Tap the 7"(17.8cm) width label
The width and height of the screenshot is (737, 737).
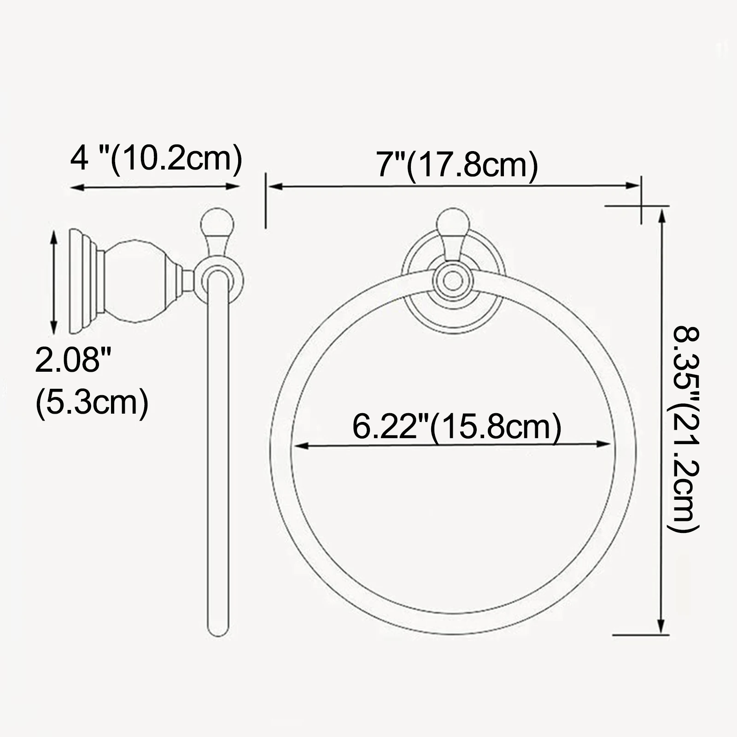pyautogui.click(x=457, y=164)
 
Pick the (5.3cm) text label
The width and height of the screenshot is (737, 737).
pyautogui.click(x=92, y=401)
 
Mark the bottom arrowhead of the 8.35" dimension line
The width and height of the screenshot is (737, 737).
pyautogui.click(x=662, y=626)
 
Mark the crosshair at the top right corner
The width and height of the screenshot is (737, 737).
pyautogui.click(x=642, y=205)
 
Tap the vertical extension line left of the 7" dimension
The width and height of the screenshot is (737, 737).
pyautogui.click(x=266, y=200)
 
